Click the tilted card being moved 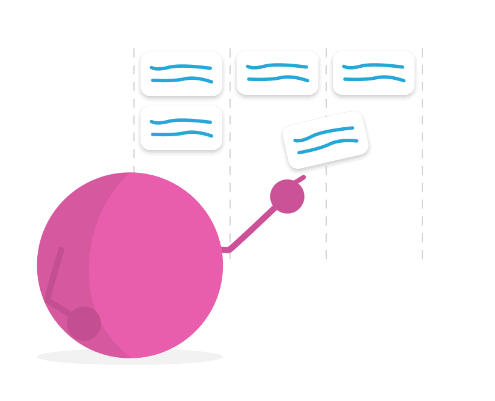click(326, 139)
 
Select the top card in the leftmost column click(181, 73)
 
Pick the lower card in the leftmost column click(181, 127)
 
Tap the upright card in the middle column click(277, 72)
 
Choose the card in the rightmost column click(373, 72)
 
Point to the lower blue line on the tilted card click(328, 146)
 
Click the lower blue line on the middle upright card click(277, 79)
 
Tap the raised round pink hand click(287, 197)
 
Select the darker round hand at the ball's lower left click(83, 324)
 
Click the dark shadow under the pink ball click(129, 359)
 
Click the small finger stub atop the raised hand click(300, 178)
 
